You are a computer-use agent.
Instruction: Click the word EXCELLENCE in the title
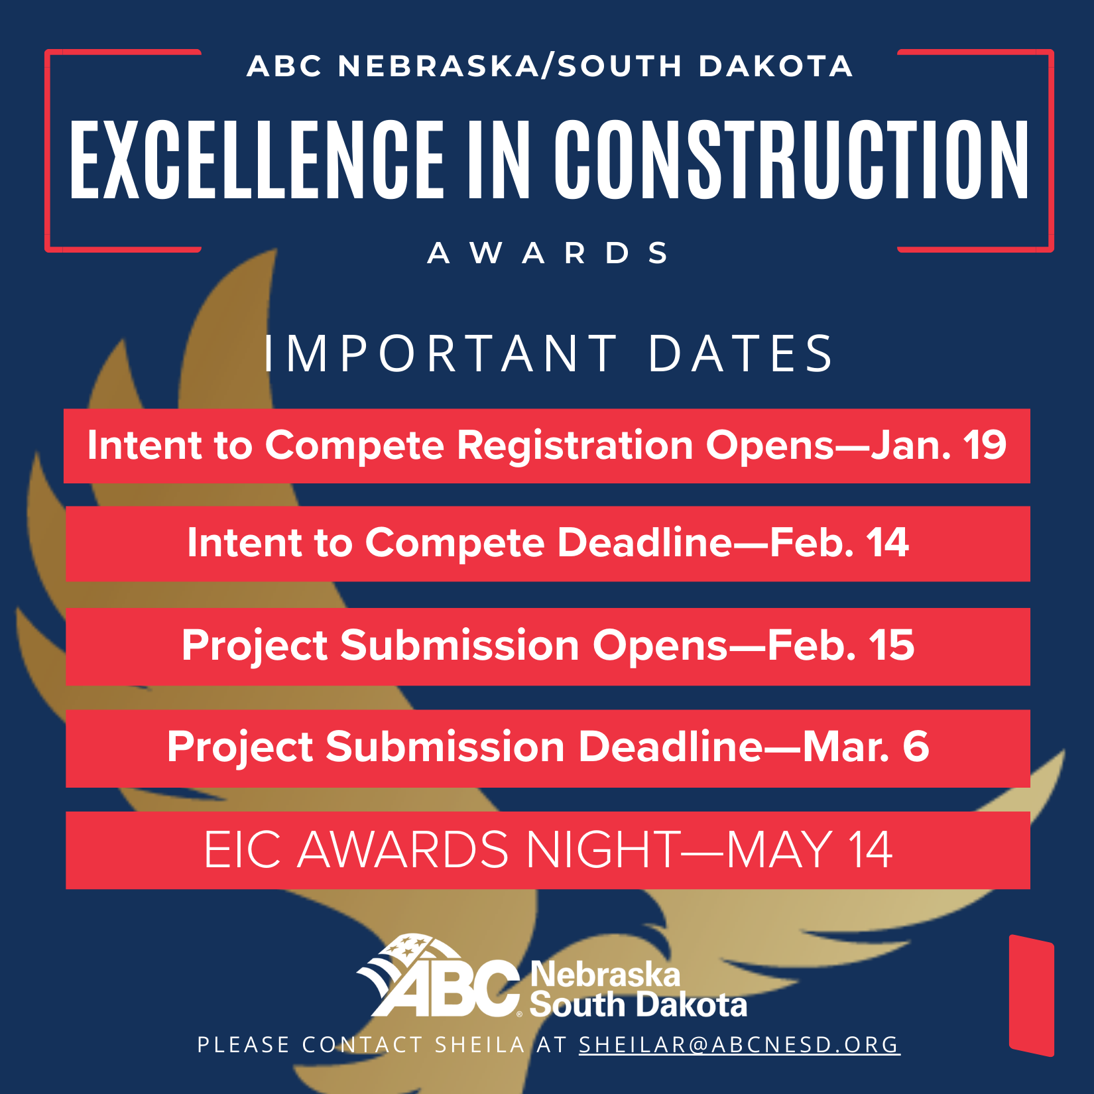257,159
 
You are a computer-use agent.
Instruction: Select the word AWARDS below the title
548,253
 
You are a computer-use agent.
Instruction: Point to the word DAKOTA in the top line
776,66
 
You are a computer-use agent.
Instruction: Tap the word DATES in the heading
740,353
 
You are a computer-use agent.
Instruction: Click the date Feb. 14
839,543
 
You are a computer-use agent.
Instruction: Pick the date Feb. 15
841,645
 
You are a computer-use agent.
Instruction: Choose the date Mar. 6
866,747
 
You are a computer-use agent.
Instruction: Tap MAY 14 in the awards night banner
810,849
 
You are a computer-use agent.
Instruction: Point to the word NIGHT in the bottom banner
603,849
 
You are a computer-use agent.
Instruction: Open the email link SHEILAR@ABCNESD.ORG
739,1045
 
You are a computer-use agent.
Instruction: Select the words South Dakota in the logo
638,1005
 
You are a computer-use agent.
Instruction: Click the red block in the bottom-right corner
1032,995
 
